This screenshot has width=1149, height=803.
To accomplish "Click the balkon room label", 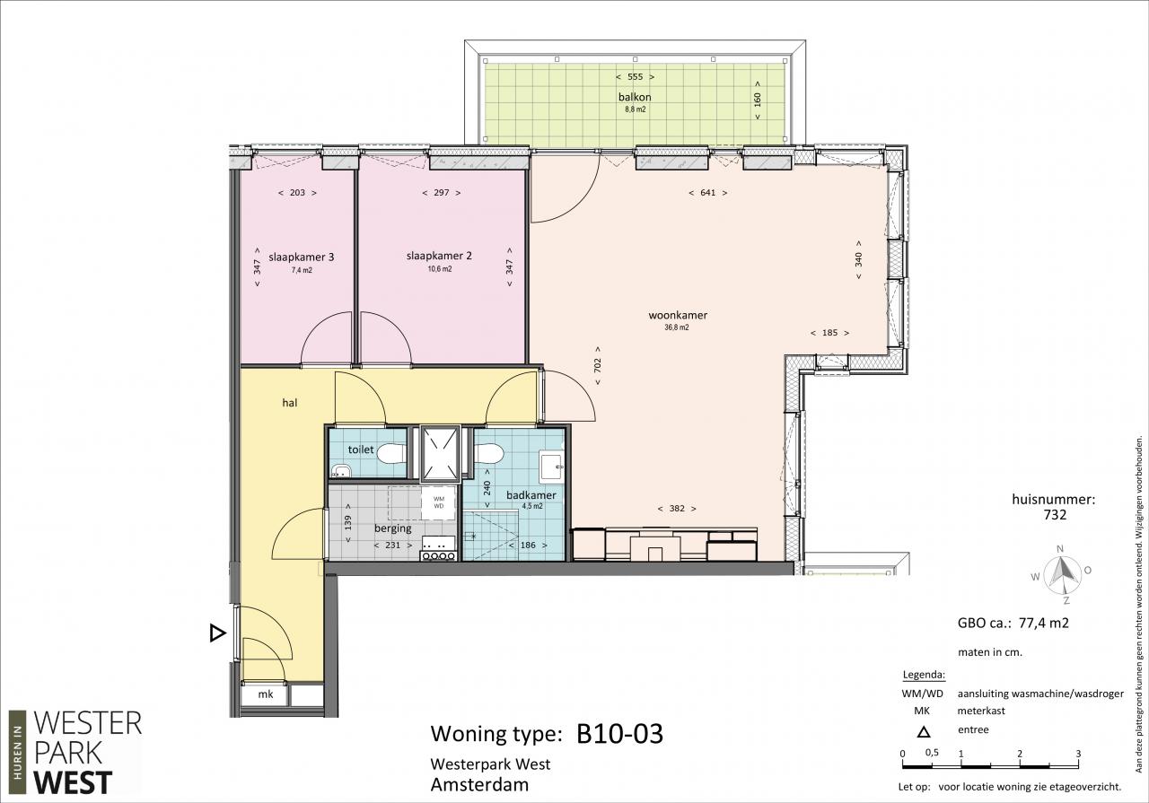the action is (x=635, y=97).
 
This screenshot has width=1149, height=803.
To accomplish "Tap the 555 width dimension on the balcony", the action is (x=635, y=77).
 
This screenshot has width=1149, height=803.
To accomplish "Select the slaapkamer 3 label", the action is (x=301, y=257).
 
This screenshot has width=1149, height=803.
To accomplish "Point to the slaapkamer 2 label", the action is (x=439, y=256).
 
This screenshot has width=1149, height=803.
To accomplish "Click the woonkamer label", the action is (x=678, y=315).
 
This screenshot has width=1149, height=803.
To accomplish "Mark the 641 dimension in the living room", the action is (x=708, y=193).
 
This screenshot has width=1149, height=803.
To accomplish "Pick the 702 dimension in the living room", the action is (x=598, y=365).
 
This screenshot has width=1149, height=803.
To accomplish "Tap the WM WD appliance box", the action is (x=439, y=502).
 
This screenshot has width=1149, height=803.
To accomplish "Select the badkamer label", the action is (x=531, y=495).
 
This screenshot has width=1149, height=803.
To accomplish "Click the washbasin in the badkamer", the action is (x=551, y=467).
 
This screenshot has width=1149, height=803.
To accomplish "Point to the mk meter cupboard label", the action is (x=265, y=694).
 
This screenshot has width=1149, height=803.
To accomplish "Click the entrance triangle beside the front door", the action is (x=217, y=633).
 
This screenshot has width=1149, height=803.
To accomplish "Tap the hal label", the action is (x=290, y=403).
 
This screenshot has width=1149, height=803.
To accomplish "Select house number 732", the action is (x=1055, y=514).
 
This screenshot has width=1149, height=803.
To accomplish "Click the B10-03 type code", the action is (x=619, y=734).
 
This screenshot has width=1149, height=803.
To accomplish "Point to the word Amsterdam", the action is (x=479, y=784).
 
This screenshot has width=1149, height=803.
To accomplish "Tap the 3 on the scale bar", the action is (x=1078, y=754).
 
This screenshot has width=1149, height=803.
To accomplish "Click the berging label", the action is (x=393, y=528).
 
